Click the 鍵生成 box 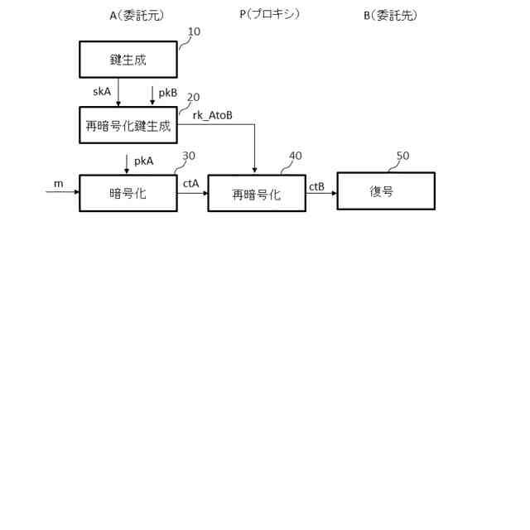click(x=128, y=60)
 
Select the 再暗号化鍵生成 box click(x=128, y=126)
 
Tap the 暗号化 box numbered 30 click(x=128, y=193)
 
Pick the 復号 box click(x=385, y=190)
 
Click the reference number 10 click(x=194, y=32)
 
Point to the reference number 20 click(x=193, y=97)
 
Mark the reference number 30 click(x=189, y=155)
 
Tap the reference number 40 click(x=295, y=155)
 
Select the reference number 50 click(x=402, y=155)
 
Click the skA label click(x=103, y=92)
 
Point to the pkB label click(x=167, y=92)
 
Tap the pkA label click(x=144, y=161)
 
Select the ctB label click(x=316, y=187)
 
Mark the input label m click(x=58, y=184)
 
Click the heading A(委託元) click(x=132, y=14)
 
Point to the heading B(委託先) click(x=389, y=14)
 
